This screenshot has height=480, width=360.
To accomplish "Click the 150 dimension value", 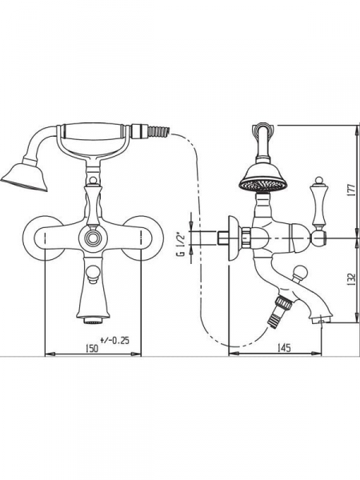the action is tap(92, 348).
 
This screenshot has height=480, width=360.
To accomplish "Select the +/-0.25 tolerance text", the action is tap(114, 340).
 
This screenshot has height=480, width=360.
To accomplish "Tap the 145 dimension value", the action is tap(284, 348).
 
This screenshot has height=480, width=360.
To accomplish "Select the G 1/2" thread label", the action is tap(181, 241).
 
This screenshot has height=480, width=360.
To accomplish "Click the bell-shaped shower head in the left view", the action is tap(25, 178).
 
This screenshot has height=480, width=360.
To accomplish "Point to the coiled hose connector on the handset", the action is tap(158, 130).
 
